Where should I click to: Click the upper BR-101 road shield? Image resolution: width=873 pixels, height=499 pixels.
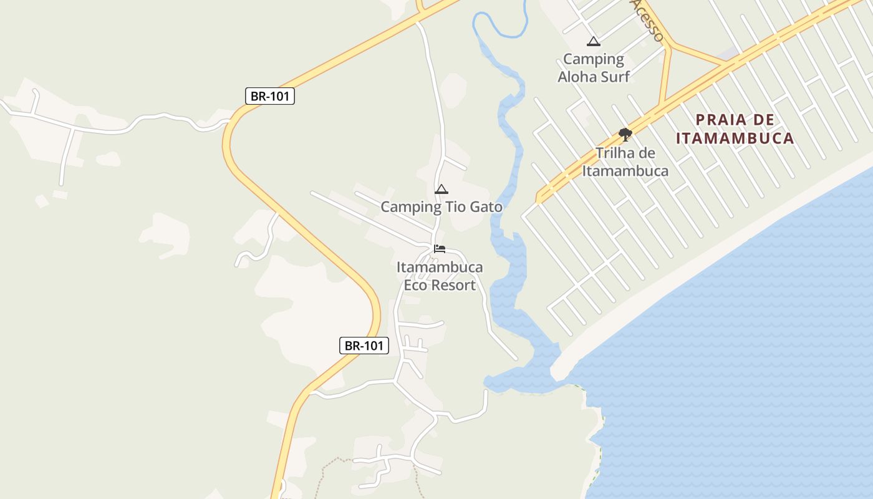(x=269, y=96)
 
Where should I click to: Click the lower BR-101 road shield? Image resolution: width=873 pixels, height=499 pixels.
(x=364, y=346)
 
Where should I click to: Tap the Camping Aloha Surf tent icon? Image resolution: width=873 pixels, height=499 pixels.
(x=594, y=42)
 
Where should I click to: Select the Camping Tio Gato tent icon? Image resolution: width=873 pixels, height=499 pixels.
(x=441, y=189)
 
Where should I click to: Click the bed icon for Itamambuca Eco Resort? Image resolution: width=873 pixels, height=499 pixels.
(x=440, y=248)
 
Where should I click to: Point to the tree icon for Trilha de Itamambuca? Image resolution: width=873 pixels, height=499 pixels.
(x=625, y=134)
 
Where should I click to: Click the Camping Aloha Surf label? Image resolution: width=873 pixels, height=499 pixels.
(x=594, y=68)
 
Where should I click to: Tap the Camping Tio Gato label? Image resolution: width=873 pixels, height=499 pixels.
(x=441, y=206)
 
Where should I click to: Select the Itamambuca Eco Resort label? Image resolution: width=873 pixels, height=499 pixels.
(x=440, y=276)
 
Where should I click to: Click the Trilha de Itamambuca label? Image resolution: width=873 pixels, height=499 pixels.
(x=625, y=162)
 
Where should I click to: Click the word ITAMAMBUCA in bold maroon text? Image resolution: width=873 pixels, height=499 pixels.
(x=735, y=138)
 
